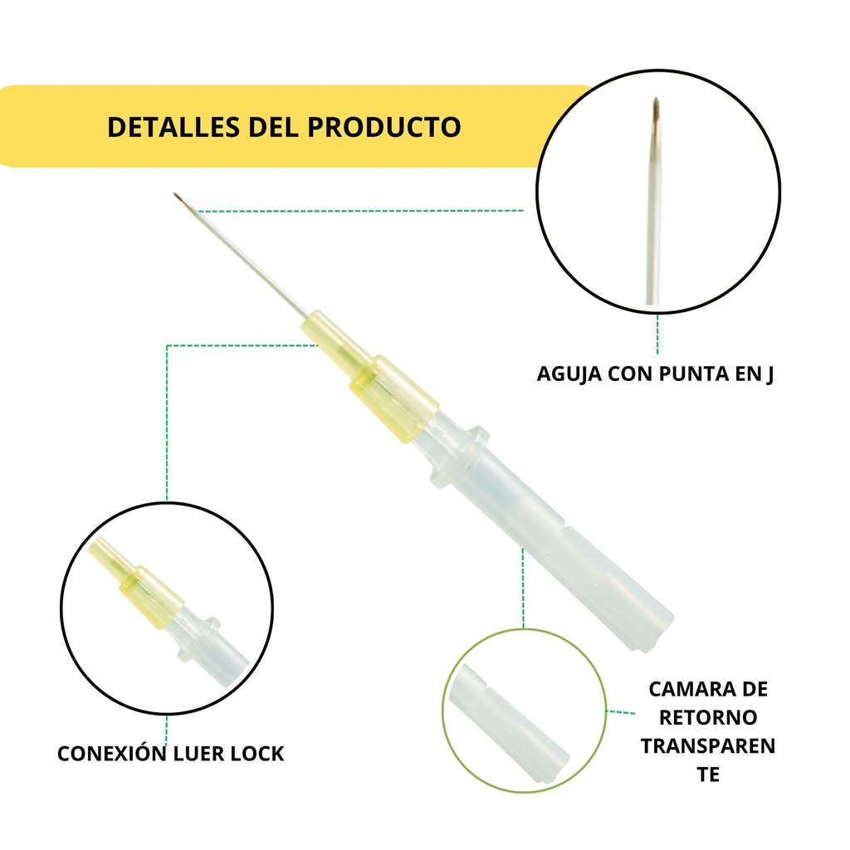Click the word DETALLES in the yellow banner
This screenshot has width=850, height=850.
[174, 127]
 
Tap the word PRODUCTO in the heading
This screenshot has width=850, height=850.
[384, 127]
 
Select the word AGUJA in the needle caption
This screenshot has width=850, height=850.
[569, 374]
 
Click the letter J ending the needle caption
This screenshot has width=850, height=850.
[769, 374]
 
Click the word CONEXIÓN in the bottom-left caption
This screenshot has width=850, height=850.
[112, 753]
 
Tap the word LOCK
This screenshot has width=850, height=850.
[258, 754]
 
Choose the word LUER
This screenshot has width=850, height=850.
[198, 754]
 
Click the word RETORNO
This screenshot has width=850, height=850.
[708, 717]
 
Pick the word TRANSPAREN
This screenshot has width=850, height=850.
[708, 746]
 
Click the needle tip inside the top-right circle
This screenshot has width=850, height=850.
[656, 100]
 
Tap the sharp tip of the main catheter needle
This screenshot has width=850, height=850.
[174, 193]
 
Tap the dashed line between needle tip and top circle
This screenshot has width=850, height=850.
[360, 210]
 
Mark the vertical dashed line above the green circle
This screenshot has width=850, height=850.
[523, 589]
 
